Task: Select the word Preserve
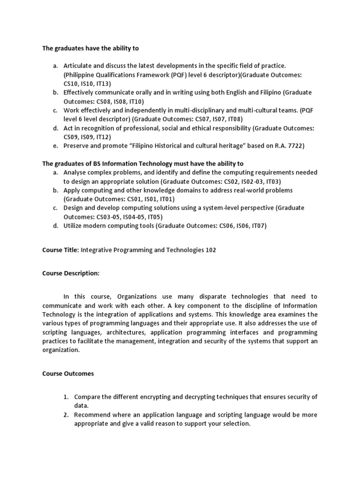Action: (77, 146)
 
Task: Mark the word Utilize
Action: (74, 226)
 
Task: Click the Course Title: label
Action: (60, 250)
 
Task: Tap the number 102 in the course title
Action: (210, 250)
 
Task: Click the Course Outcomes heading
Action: (68, 374)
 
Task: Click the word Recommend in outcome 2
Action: (92, 415)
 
